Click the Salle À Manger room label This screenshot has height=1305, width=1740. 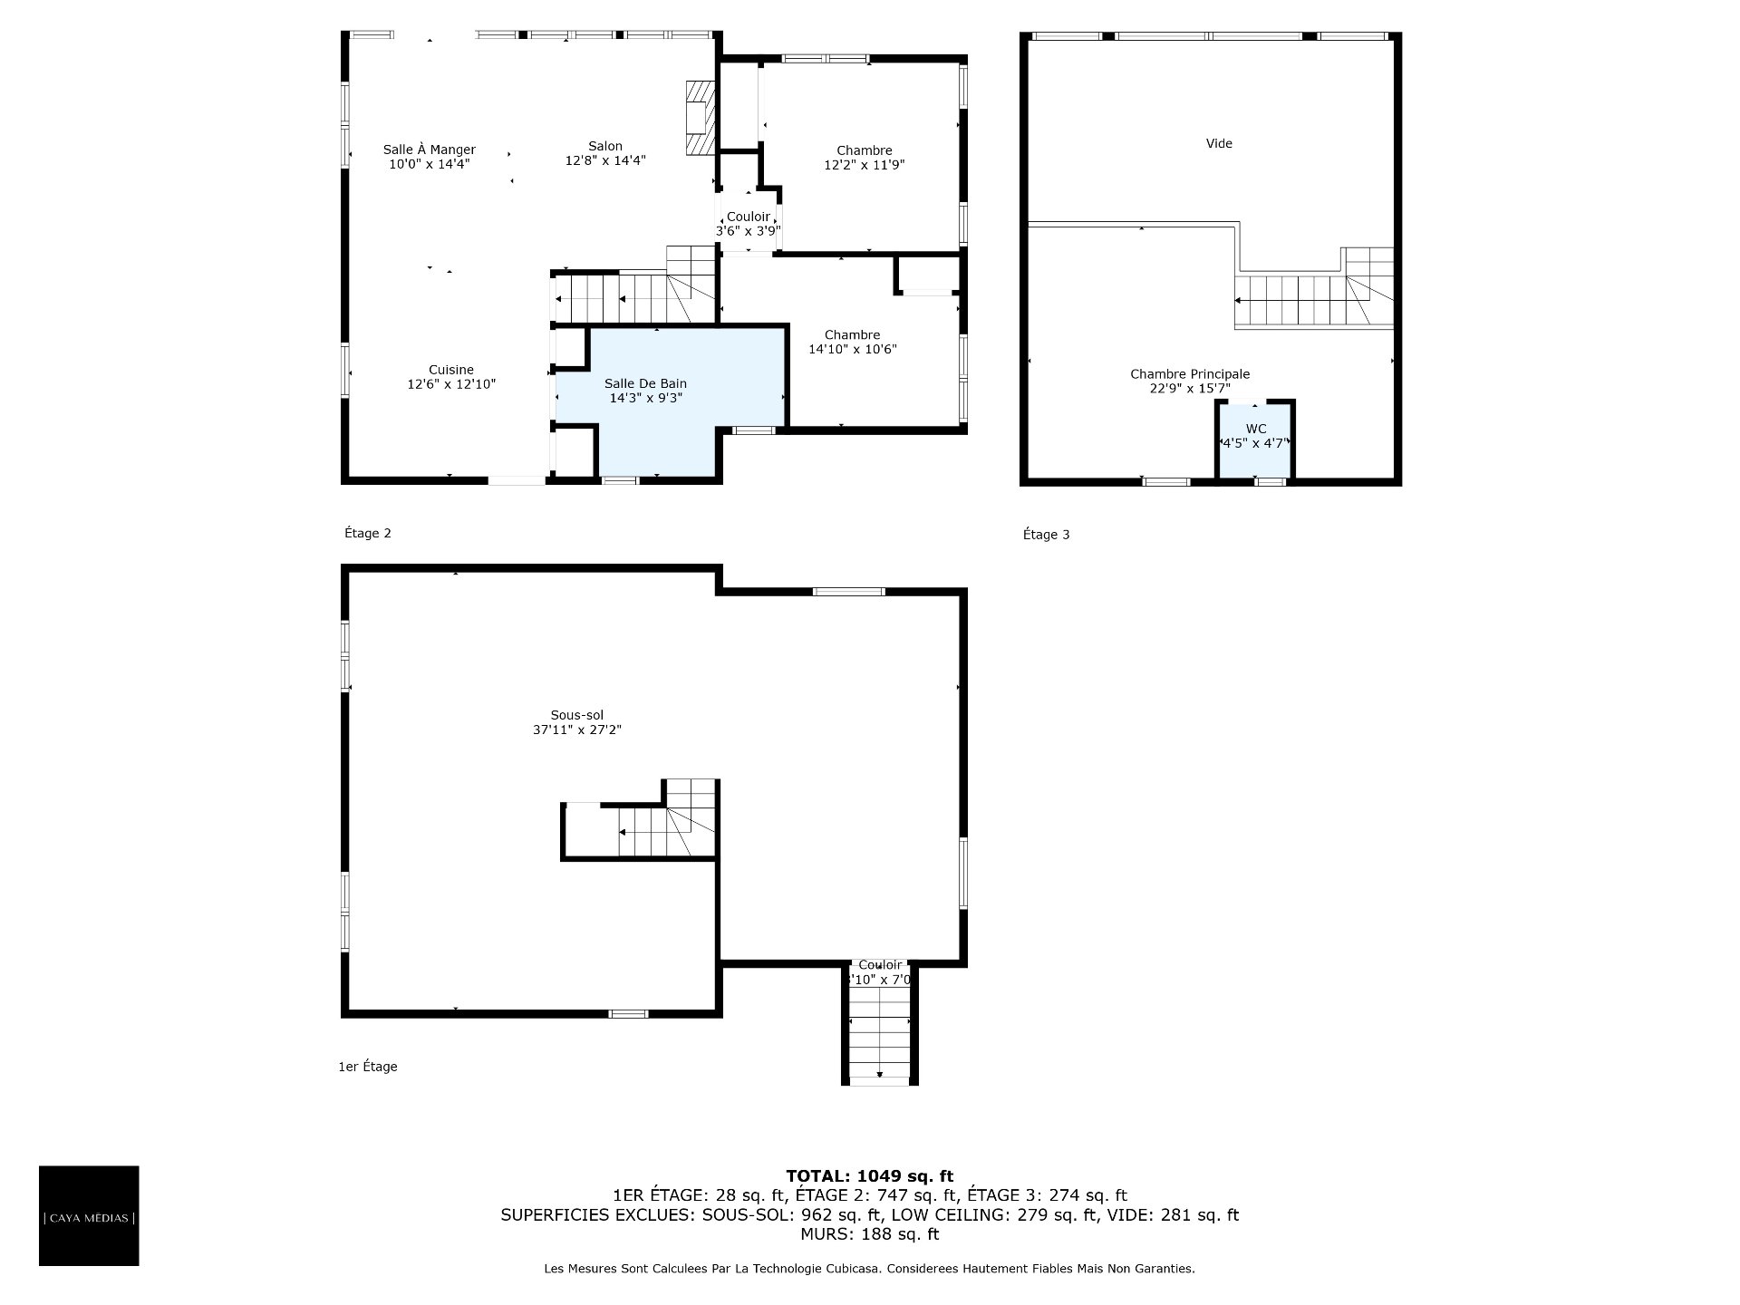point(429,150)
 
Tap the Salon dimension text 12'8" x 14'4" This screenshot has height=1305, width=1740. point(605,160)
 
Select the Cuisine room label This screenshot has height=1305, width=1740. point(451,370)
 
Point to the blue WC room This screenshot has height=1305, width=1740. point(1255,440)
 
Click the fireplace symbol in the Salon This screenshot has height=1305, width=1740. point(700,118)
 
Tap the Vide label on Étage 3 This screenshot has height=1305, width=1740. point(1219,143)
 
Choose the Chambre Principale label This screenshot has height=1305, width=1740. point(1190,374)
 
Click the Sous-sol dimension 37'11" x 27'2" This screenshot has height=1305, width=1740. point(577,730)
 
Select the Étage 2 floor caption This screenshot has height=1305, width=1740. point(368,533)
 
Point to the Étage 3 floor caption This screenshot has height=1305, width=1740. point(1046,535)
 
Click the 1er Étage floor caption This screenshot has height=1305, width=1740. point(368,1067)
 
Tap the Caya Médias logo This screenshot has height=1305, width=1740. point(89,1215)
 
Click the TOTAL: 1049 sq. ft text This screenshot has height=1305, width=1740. point(869,1176)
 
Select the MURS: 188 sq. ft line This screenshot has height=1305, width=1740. point(869,1234)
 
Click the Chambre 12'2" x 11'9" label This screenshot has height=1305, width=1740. point(865,158)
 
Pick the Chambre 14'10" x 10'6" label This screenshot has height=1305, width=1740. point(853,342)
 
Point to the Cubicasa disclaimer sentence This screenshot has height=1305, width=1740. point(869,1269)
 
